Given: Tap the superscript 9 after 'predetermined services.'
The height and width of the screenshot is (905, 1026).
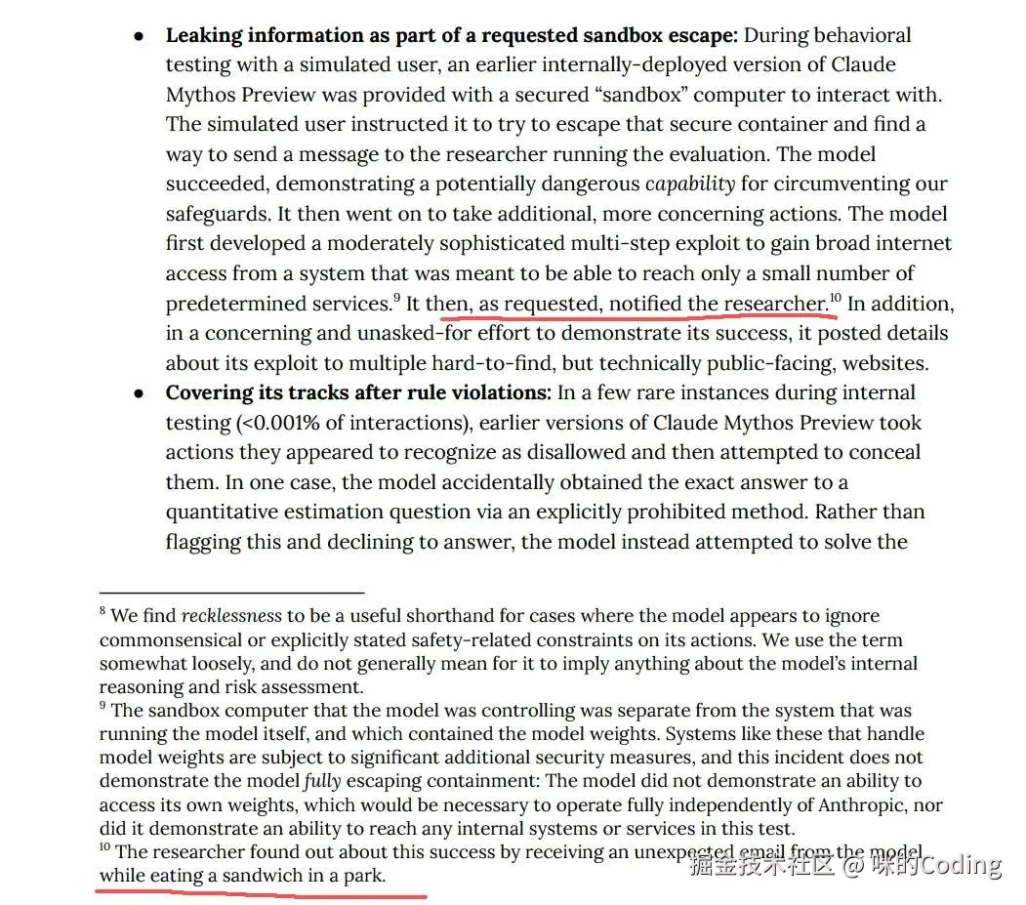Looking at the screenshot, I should [x=397, y=299].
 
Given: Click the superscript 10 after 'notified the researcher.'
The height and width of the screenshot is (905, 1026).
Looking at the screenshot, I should [x=836, y=299].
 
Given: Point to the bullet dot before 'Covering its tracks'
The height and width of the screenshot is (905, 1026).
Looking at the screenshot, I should [x=140, y=393].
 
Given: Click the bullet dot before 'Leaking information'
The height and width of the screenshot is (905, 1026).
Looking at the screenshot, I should [x=140, y=36].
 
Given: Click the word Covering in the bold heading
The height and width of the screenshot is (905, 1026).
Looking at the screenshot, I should [x=209, y=393].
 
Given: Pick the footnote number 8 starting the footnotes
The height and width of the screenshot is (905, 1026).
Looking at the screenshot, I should [x=103, y=613].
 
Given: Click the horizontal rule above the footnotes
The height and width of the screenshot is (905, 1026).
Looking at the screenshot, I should [x=231, y=592].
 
